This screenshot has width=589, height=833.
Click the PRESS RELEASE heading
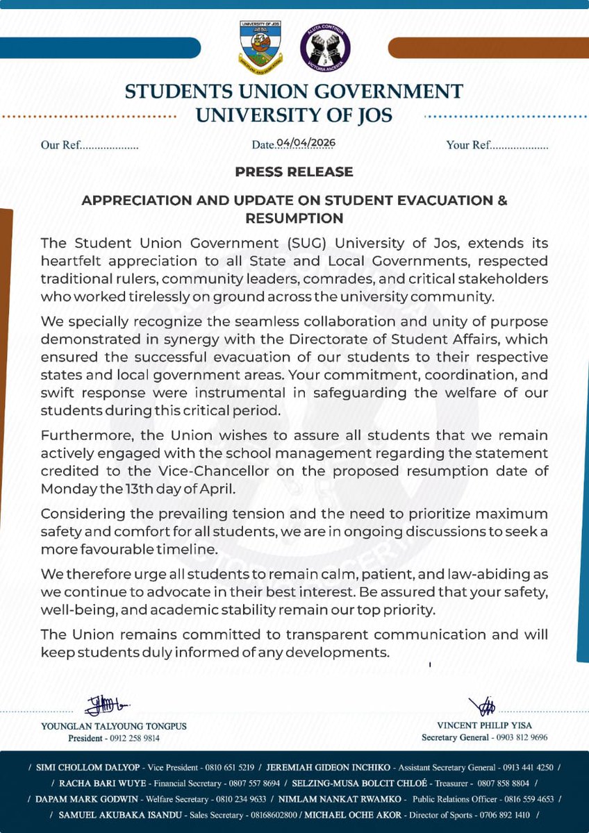pos(294,171)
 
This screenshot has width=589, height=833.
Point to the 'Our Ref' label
pos(60,146)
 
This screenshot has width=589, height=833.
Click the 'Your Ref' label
pos(468,146)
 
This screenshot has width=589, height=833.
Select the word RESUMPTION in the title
pos(294,218)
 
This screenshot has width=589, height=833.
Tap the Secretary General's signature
pos(481,706)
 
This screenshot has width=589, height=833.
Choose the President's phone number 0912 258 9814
pos(133,739)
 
